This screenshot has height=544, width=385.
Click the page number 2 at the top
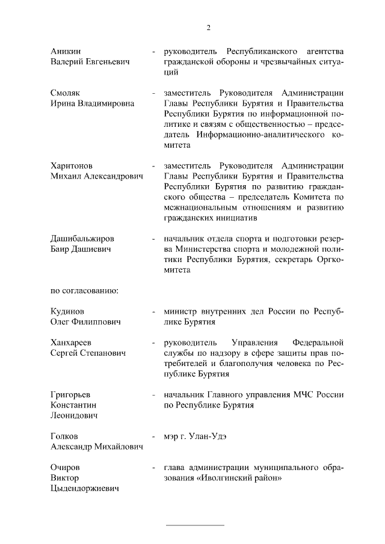208,27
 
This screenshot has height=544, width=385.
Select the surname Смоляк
66,93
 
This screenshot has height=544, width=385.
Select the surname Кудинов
67,311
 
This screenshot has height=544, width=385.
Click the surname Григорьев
70,394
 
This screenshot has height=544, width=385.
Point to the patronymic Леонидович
75,415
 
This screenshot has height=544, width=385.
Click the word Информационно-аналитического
264,134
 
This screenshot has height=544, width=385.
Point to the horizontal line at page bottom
194,525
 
